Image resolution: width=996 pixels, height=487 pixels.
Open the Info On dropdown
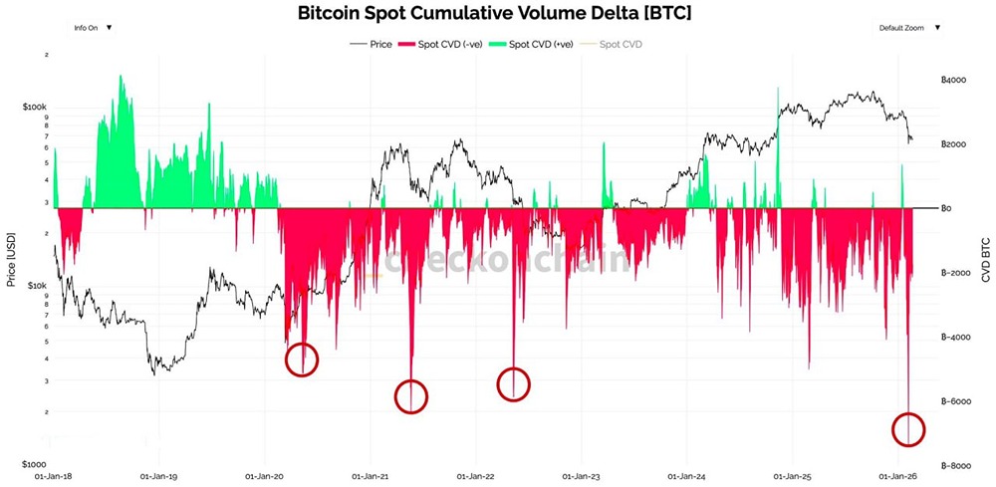point(93,28)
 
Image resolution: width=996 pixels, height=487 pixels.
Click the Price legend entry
point(374,44)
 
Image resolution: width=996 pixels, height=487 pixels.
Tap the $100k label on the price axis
point(34,107)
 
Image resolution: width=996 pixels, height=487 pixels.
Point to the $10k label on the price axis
point(36,286)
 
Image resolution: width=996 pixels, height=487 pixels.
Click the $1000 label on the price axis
point(34,465)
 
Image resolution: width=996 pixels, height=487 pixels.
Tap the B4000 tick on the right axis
point(953,80)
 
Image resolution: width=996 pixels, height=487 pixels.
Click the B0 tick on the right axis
point(947,208)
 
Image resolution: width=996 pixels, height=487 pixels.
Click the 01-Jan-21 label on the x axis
point(370,476)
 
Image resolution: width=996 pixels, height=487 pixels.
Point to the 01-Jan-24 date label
point(686,476)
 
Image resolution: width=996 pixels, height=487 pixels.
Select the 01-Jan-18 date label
point(54,476)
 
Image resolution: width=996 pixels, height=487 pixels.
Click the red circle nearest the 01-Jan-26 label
point(908,430)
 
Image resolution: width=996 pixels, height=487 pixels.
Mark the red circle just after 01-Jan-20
point(302,359)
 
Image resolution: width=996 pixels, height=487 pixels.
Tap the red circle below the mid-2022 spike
point(513,383)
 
